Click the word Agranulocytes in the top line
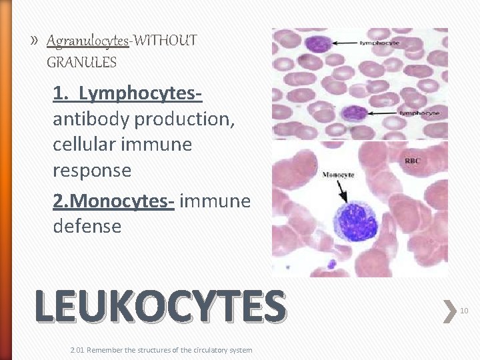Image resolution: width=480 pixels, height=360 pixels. pos(88,41)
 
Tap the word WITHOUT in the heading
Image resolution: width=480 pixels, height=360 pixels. pos(165,41)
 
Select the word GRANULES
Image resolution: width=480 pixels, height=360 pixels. pos(82,63)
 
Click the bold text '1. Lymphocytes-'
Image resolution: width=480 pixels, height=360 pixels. pos(127,95)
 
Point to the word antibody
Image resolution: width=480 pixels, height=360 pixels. pos(91,119)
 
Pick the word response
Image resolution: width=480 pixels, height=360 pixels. pos(92,171)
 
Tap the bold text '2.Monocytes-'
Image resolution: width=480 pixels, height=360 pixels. pos(113,200)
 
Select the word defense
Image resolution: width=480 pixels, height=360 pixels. pos(87,226)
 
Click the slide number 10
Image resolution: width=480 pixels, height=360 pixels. pos(463,310)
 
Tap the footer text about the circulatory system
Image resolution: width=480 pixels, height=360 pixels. pos(161,350)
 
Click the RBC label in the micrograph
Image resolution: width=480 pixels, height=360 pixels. pos(413,161)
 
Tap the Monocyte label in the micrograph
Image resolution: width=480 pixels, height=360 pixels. pos(338,175)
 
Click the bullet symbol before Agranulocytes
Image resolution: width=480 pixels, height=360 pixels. pos(34,41)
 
